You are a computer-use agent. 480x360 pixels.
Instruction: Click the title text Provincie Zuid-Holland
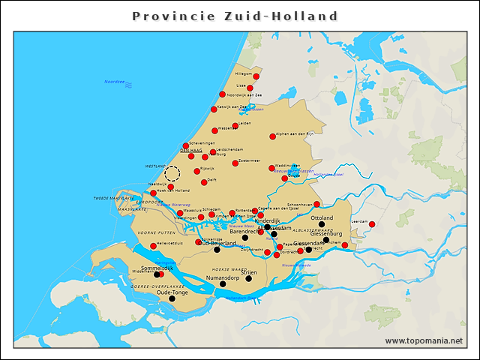235,16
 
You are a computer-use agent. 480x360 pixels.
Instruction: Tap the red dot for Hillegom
256,76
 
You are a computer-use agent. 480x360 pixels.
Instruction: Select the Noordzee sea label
115,81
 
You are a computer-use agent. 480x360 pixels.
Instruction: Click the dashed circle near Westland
172,174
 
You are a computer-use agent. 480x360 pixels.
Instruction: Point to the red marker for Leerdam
372,223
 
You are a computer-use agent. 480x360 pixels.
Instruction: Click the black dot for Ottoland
322,224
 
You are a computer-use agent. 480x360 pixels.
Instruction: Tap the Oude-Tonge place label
172,292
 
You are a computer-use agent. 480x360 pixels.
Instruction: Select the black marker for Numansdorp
223,283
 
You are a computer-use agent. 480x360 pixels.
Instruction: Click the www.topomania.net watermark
424,341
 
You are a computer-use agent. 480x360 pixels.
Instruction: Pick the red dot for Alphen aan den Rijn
273,136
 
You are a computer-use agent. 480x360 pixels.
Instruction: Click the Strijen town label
249,272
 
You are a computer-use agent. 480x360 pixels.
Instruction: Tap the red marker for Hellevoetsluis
154,246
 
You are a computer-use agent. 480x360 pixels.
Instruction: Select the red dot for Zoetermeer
235,163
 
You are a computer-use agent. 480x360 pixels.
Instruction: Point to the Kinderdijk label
267,221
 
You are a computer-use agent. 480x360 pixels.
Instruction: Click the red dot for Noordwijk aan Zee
222,94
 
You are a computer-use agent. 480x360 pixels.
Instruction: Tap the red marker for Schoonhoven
317,204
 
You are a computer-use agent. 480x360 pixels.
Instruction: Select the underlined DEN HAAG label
192,151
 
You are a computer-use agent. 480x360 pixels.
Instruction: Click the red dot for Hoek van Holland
154,193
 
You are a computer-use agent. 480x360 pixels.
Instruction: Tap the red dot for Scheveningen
186,145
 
